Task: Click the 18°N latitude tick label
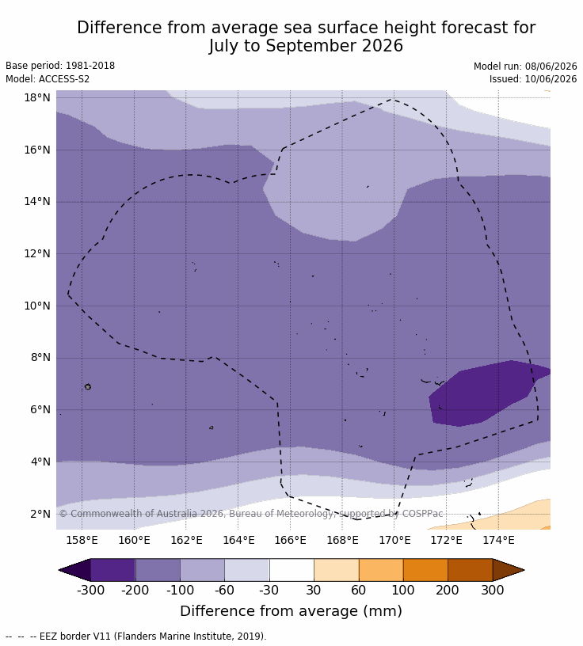click(37, 97)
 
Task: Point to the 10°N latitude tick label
click(37, 306)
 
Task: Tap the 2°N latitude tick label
click(40, 514)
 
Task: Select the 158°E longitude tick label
click(82, 540)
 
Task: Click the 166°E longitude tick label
click(290, 540)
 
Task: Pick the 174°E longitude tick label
click(498, 540)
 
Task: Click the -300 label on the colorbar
click(91, 590)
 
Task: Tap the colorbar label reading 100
click(403, 590)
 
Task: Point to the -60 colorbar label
click(224, 590)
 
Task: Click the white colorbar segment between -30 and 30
click(291, 570)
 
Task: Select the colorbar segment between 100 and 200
click(425, 570)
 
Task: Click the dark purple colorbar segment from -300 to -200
click(113, 570)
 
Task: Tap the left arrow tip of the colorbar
click(59, 570)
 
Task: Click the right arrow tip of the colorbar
click(524, 570)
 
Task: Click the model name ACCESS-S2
click(64, 78)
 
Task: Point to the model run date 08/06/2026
click(551, 66)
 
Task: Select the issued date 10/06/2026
click(551, 78)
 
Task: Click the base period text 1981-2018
click(90, 66)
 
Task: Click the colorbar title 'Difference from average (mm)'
click(291, 610)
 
